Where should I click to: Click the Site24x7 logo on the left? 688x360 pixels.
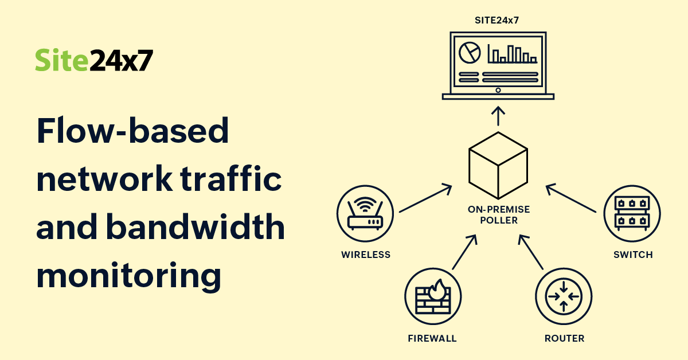[94, 60]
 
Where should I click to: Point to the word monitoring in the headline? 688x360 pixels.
[128, 276]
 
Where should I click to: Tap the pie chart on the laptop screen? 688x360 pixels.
[470, 53]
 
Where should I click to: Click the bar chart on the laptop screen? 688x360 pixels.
[512, 54]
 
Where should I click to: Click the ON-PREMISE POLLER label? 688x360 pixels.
[498, 215]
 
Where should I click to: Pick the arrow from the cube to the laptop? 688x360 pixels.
[498, 115]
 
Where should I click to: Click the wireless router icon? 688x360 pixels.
[365, 213]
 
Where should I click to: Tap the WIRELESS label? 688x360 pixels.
[366, 255]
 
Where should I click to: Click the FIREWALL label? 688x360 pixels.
[432, 338]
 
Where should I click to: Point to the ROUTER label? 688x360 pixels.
[564, 338]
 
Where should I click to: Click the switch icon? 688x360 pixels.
[632, 213]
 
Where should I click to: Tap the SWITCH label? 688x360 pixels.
[633, 255]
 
